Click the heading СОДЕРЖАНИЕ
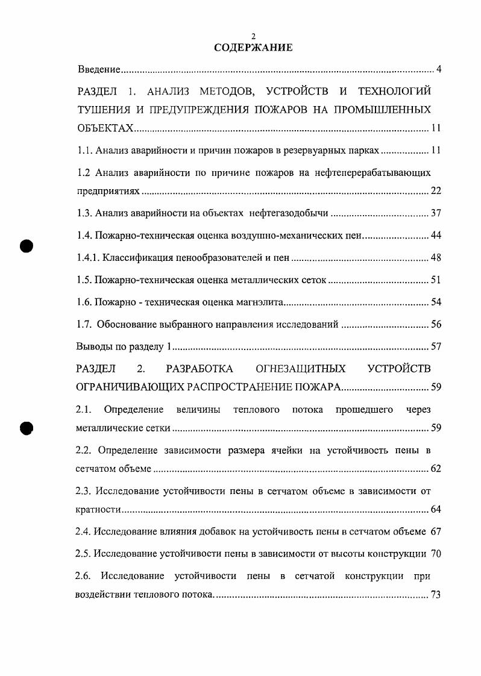point(253,48)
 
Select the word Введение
point(99,70)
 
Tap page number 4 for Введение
point(439,70)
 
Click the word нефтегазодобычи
point(289,213)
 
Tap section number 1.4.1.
point(88,258)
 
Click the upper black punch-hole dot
point(26,246)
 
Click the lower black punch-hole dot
point(26,427)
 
